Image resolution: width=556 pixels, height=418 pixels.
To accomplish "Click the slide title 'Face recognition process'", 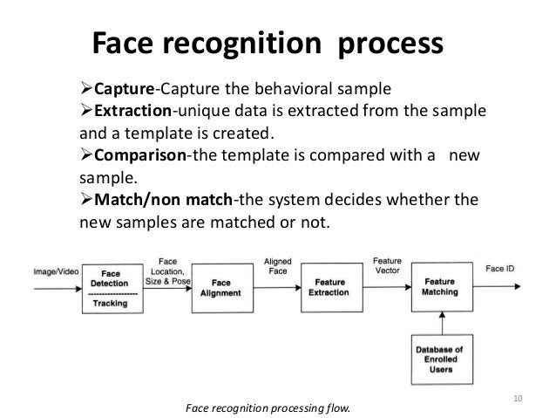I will (268, 43).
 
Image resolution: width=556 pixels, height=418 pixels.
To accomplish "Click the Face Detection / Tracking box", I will (112, 287).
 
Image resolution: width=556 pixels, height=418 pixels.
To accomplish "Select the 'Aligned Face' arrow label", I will (277, 266).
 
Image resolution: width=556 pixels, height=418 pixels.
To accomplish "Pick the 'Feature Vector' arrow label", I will (386, 266).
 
